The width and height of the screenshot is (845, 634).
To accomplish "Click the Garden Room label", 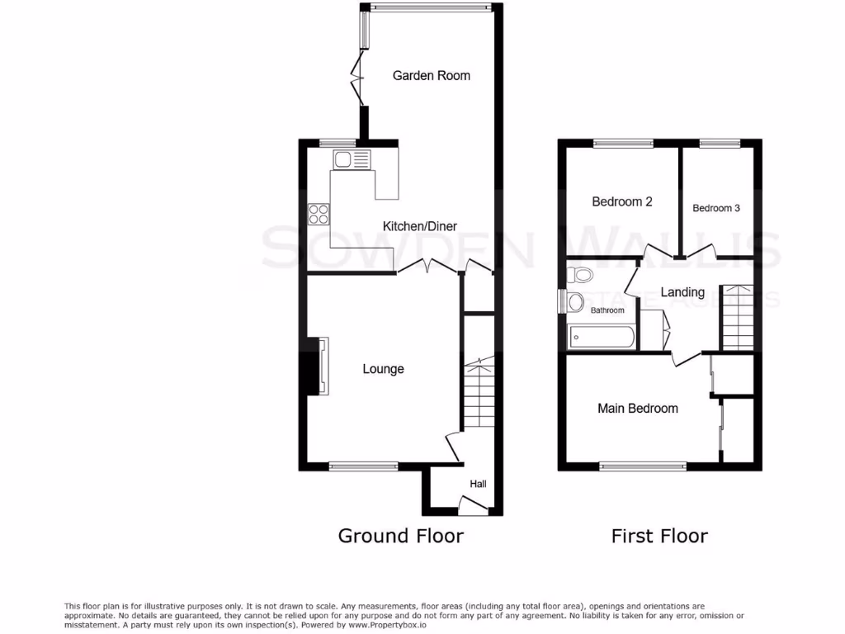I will point(431,75).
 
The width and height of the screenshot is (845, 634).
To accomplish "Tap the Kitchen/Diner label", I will point(419,226).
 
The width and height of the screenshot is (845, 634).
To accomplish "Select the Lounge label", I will point(383,368).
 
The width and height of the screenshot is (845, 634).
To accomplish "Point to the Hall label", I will point(478,484).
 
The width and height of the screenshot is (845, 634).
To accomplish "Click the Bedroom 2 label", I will point(622,201).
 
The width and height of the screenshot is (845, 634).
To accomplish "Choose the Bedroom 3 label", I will point(715,208).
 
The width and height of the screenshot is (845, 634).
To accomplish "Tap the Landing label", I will point(682,292).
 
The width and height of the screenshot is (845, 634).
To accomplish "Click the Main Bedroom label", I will point(638,408).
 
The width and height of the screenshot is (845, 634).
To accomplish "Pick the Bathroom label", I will point(607,310).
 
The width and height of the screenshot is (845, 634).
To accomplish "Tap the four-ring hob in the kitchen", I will point(318,214).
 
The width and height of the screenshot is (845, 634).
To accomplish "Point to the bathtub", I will point(602,337).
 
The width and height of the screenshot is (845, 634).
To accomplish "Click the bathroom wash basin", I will point(574,302).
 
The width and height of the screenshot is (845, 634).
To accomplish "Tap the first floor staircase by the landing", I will point(738,318).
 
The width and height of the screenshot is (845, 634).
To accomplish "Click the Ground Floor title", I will point(400,536).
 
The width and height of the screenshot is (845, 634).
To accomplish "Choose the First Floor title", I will point(659,536).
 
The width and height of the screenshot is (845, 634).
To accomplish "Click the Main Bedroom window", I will point(643,466).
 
